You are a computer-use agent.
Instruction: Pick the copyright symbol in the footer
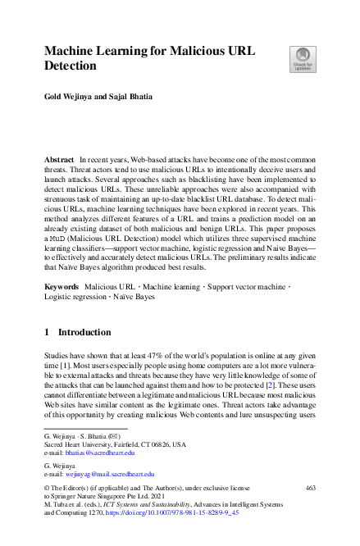[47, 489]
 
